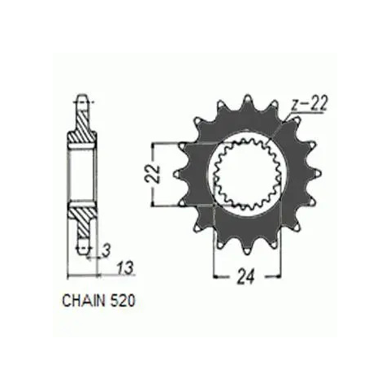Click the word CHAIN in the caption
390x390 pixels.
pyautogui.click(x=84, y=301)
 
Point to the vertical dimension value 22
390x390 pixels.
pyautogui.click(x=155, y=173)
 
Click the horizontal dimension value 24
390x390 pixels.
pyautogui.click(x=246, y=277)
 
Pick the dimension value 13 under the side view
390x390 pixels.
pyautogui.click(x=125, y=268)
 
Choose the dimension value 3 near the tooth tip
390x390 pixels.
pyautogui.click(x=107, y=250)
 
